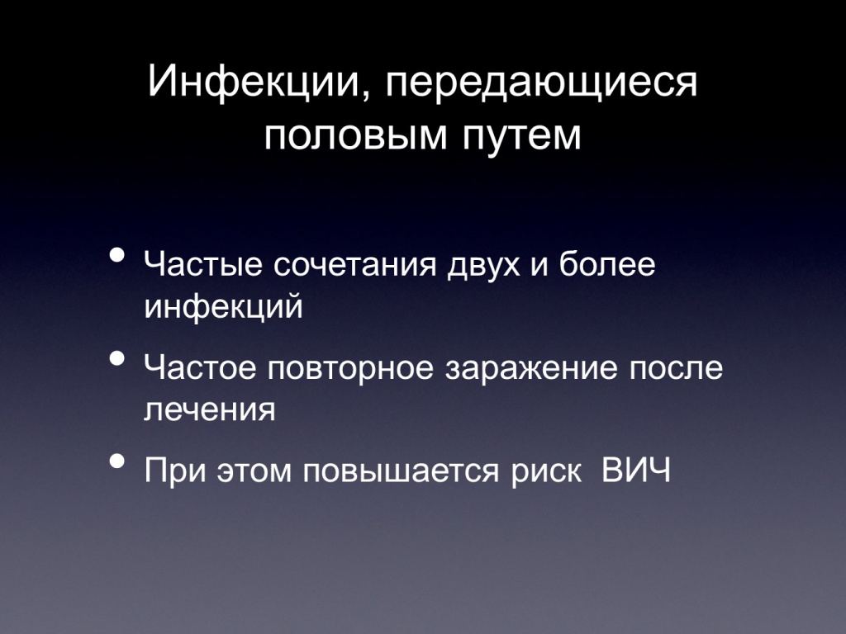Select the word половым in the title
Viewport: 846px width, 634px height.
point(356,135)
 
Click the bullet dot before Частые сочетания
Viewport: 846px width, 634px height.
point(117,254)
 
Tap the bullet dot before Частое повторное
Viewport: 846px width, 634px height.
point(117,358)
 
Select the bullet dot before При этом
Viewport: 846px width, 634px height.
point(117,461)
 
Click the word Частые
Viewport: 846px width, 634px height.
point(203,264)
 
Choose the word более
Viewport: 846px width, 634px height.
point(607,264)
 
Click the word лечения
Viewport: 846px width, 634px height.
point(210,410)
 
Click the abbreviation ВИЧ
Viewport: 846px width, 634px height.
point(636,470)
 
